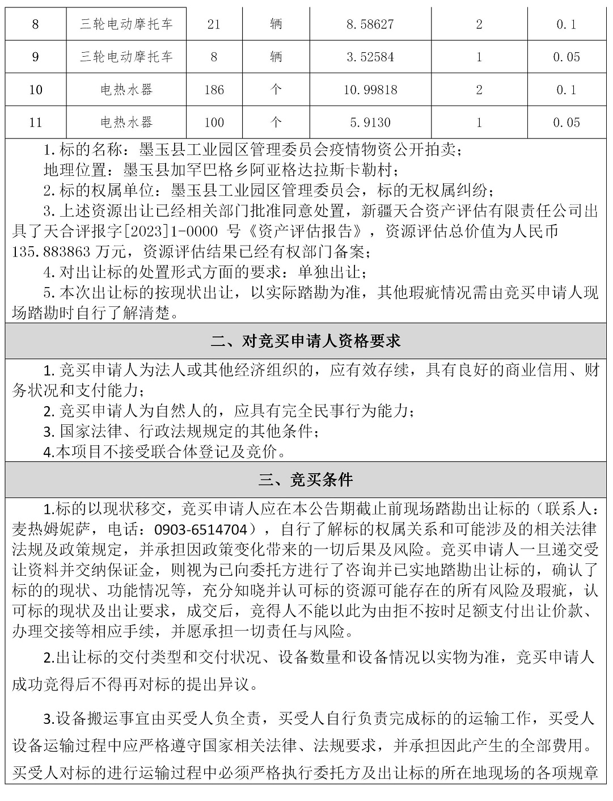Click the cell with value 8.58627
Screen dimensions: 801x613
click(370, 24)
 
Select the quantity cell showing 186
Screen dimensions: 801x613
click(214, 90)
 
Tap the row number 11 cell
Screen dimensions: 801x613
click(35, 122)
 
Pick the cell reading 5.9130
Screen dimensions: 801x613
click(370, 122)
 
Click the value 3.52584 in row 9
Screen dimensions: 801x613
click(370, 57)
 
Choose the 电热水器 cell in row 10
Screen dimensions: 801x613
click(126, 90)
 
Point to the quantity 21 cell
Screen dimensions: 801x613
click(214, 24)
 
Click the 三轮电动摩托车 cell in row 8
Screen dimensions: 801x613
click(126, 24)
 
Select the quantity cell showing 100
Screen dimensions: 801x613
click(214, 122)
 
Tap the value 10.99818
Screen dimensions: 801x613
click(370, 90)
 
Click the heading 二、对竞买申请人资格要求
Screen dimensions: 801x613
click(306, 341)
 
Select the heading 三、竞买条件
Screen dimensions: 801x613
click(306, 480)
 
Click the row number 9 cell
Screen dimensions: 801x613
click(35, 57)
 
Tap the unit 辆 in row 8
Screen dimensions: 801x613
click(276, 24)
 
